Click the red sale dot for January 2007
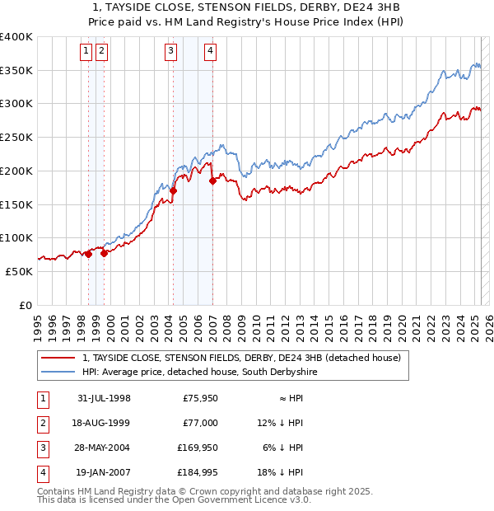[212, 180]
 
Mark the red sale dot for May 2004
[174, 190]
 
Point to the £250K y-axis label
[16, 138]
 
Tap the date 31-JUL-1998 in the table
[103, 398]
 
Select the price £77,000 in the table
[198, 423]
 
